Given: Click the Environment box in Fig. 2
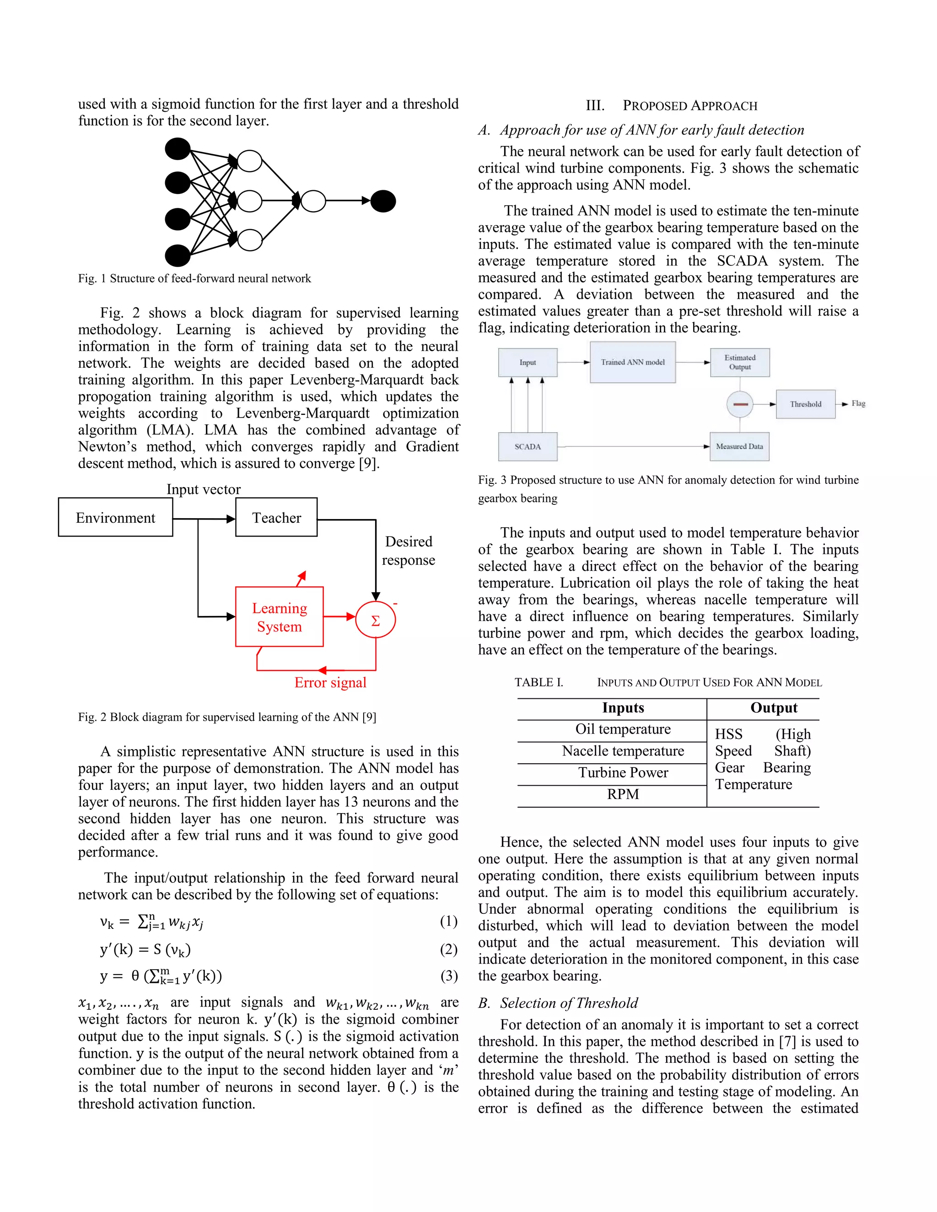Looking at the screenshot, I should coord(115,517).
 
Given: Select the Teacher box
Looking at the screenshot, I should coord(276,517).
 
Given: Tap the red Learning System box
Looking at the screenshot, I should coord(279,617).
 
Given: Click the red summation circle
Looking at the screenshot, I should coord(375,621).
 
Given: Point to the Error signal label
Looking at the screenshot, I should coord(330,682).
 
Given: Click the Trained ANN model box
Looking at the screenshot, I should coord(632,362).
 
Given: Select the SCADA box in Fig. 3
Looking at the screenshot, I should coord(528,447).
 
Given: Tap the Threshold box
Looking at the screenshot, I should coord(805,404).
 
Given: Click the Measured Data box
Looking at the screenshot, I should coord(739,447).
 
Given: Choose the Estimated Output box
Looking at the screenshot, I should coord(740,362).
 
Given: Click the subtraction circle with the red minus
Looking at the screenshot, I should coord(740,404).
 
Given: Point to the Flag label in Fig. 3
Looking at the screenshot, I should coord(858,403).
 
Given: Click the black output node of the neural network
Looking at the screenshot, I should coord(383,201).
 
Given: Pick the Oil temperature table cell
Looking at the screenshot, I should coord(623,729).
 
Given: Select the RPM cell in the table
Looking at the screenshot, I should coord(623,794).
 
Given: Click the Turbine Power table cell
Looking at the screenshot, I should coord(623,772).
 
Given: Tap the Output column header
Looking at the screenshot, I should coord(774,708).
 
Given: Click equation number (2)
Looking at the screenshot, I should coord(448,949).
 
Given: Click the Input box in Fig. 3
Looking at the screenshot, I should coord(528,362).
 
